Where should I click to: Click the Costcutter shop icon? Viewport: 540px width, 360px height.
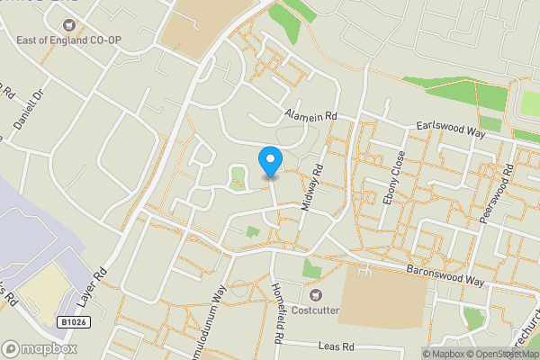[316, 295]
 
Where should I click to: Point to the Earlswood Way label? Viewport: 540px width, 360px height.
[449, 130]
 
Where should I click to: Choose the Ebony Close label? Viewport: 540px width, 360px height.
[394, 176]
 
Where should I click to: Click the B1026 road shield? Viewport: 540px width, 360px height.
[76, 322]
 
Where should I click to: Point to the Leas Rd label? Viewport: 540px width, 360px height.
[338, 346]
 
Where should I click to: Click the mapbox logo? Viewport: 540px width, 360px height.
[40, 348]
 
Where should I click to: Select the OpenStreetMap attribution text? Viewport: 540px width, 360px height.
[505, 353]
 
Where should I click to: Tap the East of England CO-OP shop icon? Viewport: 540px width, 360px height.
[23, 40]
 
